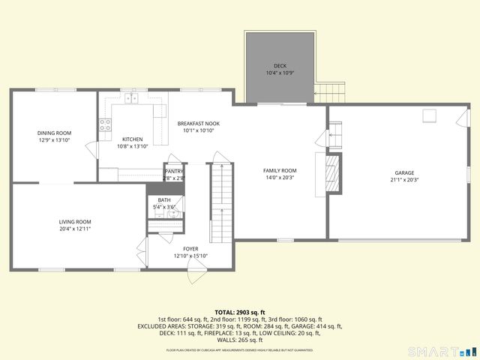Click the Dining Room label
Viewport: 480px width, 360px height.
tap(54, 133)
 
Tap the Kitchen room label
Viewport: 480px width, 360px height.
tap(133, 139)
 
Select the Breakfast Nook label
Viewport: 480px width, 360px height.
tap(198, 123)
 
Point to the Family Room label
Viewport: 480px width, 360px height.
tap(280, 171)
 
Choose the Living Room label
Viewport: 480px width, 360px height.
tap(75, 222)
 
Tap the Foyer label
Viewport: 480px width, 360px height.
tap(190, 249)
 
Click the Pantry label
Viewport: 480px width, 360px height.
tap(174, 172)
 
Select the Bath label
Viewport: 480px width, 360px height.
tap(163, 200)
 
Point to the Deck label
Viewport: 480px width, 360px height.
tap(280, 66)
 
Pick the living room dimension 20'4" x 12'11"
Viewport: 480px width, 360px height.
tap(75, 229)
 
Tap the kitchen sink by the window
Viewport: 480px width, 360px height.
tap(132, 98)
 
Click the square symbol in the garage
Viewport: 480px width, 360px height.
tap(430, 115)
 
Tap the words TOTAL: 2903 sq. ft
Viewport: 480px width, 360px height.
tap(240, 312)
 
